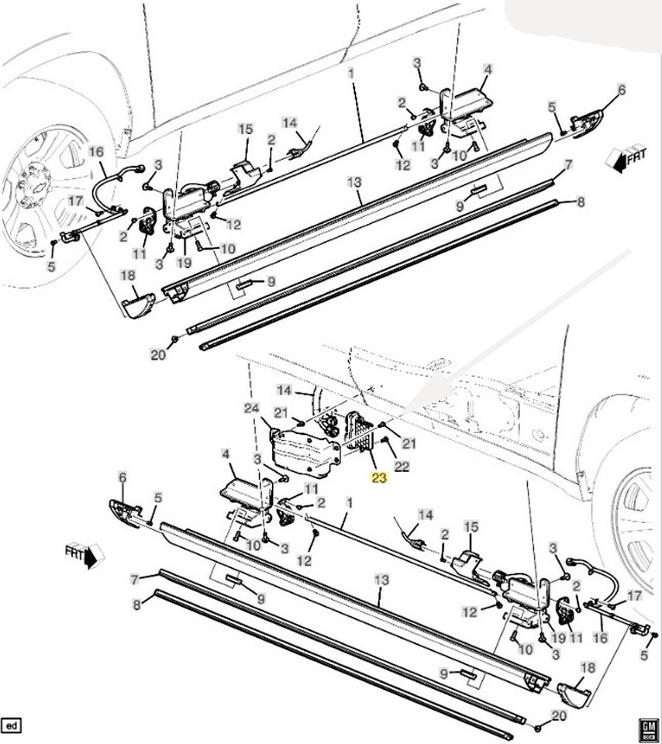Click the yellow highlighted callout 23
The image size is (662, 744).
[380, 478]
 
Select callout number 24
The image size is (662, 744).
[251, 408]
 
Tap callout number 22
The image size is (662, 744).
[402, 466]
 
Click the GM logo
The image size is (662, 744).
[648, 728]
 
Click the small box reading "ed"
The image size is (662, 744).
[12, 726]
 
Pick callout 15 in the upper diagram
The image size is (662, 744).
[246, 129]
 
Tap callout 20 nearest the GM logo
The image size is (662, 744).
[559, 715]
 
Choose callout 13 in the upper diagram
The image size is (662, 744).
[354, 182]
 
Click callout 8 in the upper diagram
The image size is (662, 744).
[581, 202]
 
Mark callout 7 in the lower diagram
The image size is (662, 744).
[135, 580]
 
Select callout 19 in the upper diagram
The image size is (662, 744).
[184, 263]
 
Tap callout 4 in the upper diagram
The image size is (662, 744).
[488, 69]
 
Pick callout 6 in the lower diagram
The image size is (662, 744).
[122, 477]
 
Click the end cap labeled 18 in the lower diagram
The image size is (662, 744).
[574, 695]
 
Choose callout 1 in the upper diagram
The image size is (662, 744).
[350, 74]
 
